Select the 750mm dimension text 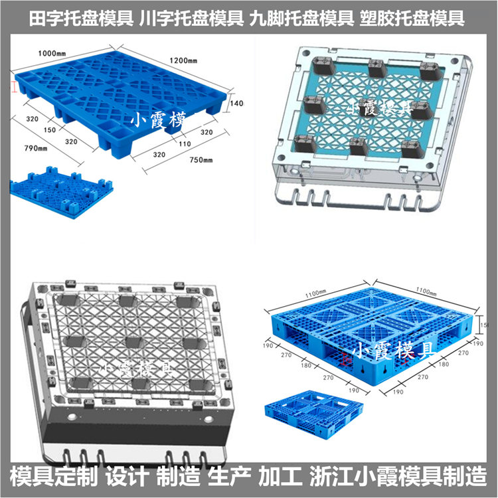tap(199, 160)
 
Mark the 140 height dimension tap(237, 104)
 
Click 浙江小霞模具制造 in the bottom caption tap(399, 475)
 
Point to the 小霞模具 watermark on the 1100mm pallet tap(392, 350)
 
